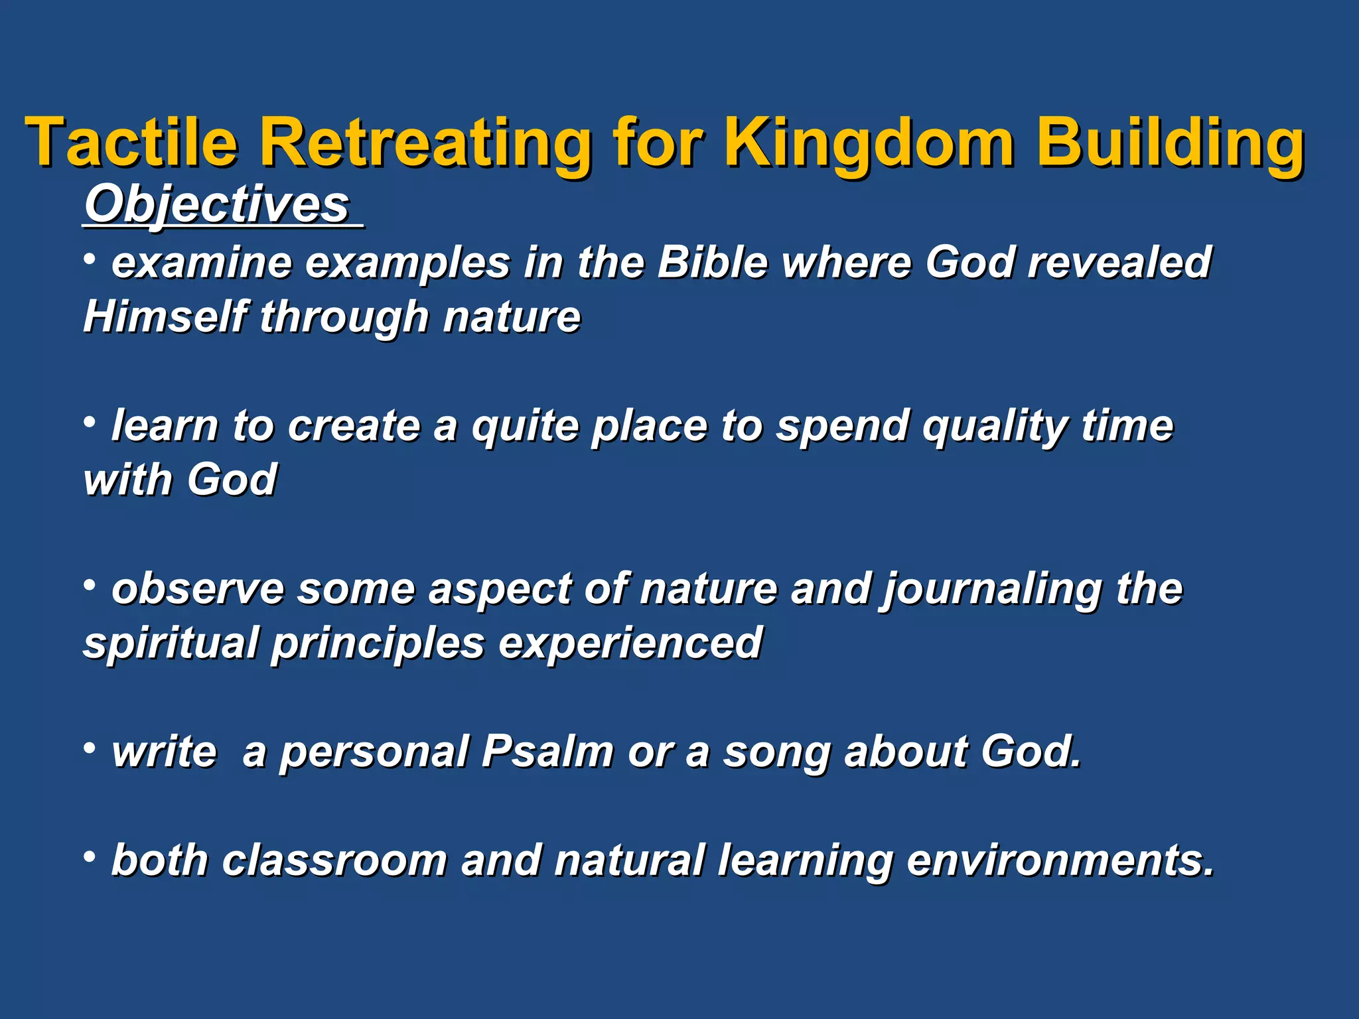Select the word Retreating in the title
coord(425,143)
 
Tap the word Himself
coord(165,316)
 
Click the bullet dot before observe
coord(90,585)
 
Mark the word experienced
coord(630,644)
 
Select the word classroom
coord(334,860)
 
